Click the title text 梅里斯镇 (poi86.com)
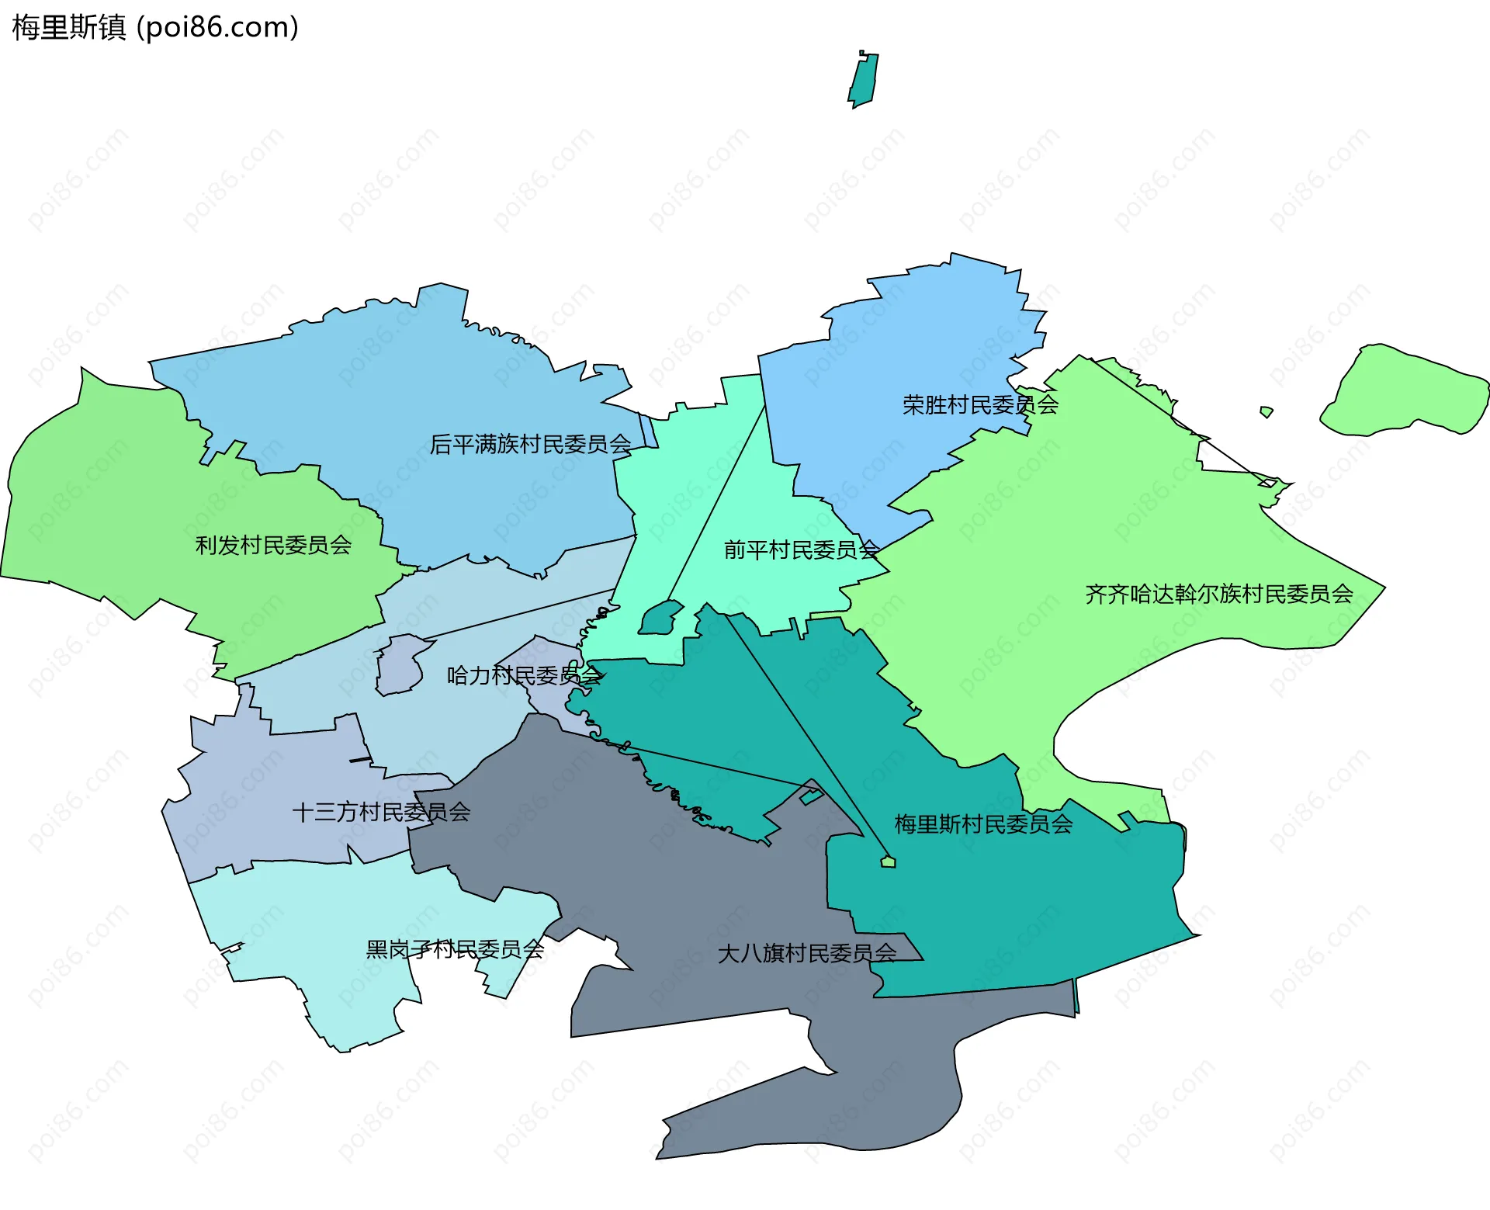155,28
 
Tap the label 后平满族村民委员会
530,445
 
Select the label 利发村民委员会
273,546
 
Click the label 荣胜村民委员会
979,405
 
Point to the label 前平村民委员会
801,550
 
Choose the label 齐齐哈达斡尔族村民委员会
1218,595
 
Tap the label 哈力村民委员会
524,675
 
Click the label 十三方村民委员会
381,813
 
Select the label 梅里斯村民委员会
983,824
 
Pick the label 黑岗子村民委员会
455,949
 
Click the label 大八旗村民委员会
807,953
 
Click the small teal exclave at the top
863,81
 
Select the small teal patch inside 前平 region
660,619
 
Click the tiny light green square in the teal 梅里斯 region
889,862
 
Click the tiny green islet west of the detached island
1266,411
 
